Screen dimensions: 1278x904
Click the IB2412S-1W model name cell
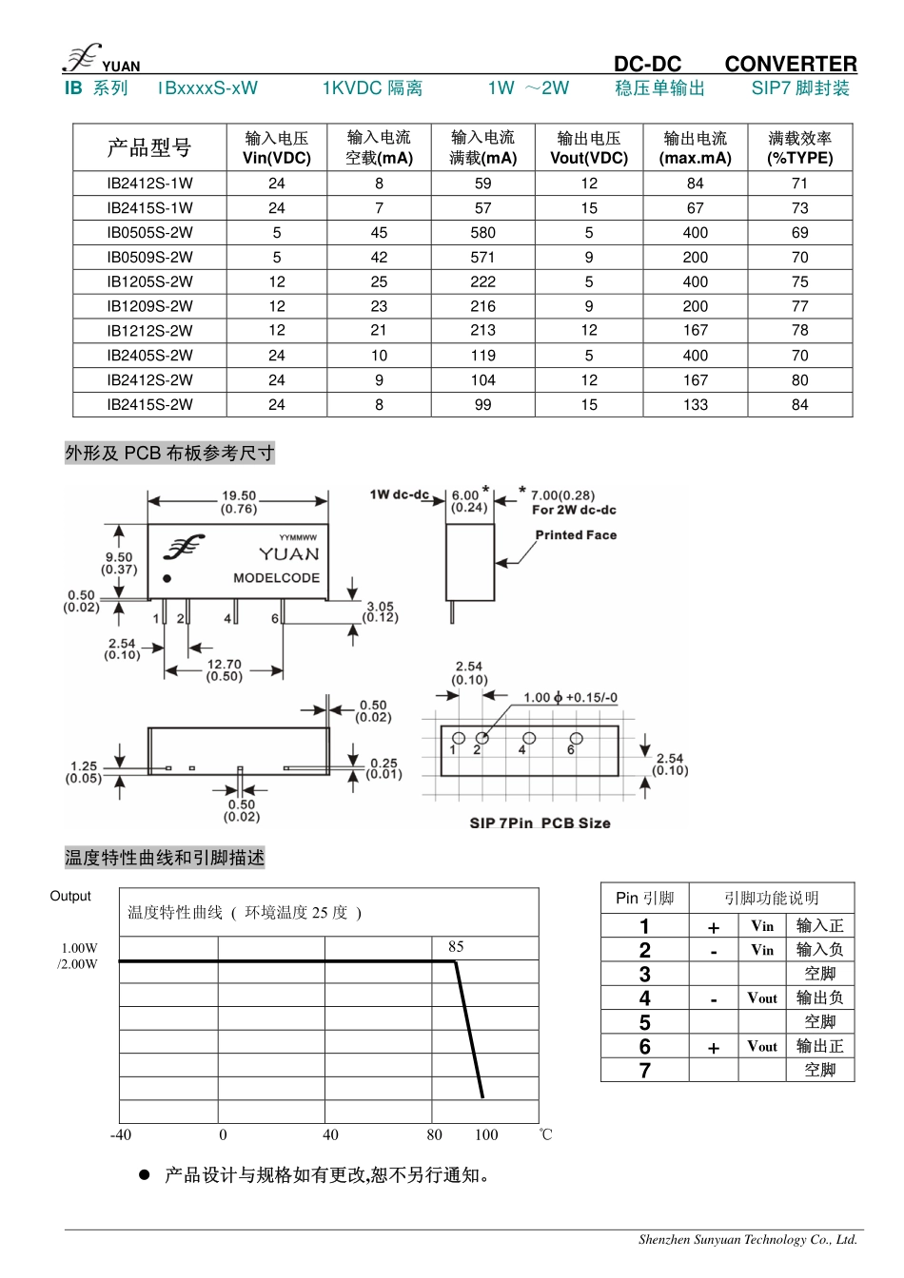click(x=149, y=184)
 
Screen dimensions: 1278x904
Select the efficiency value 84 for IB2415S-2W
click(x=799, y=405)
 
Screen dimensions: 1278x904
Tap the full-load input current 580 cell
click(x=482, y=233)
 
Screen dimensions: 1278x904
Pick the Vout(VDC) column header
click(x=589, y=148)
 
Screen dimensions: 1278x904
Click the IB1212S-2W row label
click(x=149, y=331)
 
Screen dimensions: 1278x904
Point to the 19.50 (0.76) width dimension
click(x=239, y=502)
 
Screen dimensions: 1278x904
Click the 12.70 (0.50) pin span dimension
click(x=225, y=670)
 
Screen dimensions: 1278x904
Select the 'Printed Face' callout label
click(x=576, y=535)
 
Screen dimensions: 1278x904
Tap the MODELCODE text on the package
click(x=276, y=578)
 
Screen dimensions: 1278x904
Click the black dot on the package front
click(x=167, y=578)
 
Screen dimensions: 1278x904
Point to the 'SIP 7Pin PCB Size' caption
click(x=540, y=823)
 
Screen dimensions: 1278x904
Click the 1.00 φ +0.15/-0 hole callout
click(x=570, y=698)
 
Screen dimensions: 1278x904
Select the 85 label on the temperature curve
click(x=456, y=947)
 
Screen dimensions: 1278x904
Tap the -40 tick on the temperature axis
click(x=121, y=1134)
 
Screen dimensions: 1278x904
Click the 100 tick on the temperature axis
click(x=486, y=1134)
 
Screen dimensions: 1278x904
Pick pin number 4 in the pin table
click(x=644, y=998)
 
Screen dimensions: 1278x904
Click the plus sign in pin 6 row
click(x=714, y=1048)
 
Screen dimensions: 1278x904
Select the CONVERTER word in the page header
click(x=790, y=64)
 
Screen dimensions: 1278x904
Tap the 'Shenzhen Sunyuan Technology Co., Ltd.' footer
click(x=748, y=1239)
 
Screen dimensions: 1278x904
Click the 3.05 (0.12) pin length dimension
click(x=381, y=611)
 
